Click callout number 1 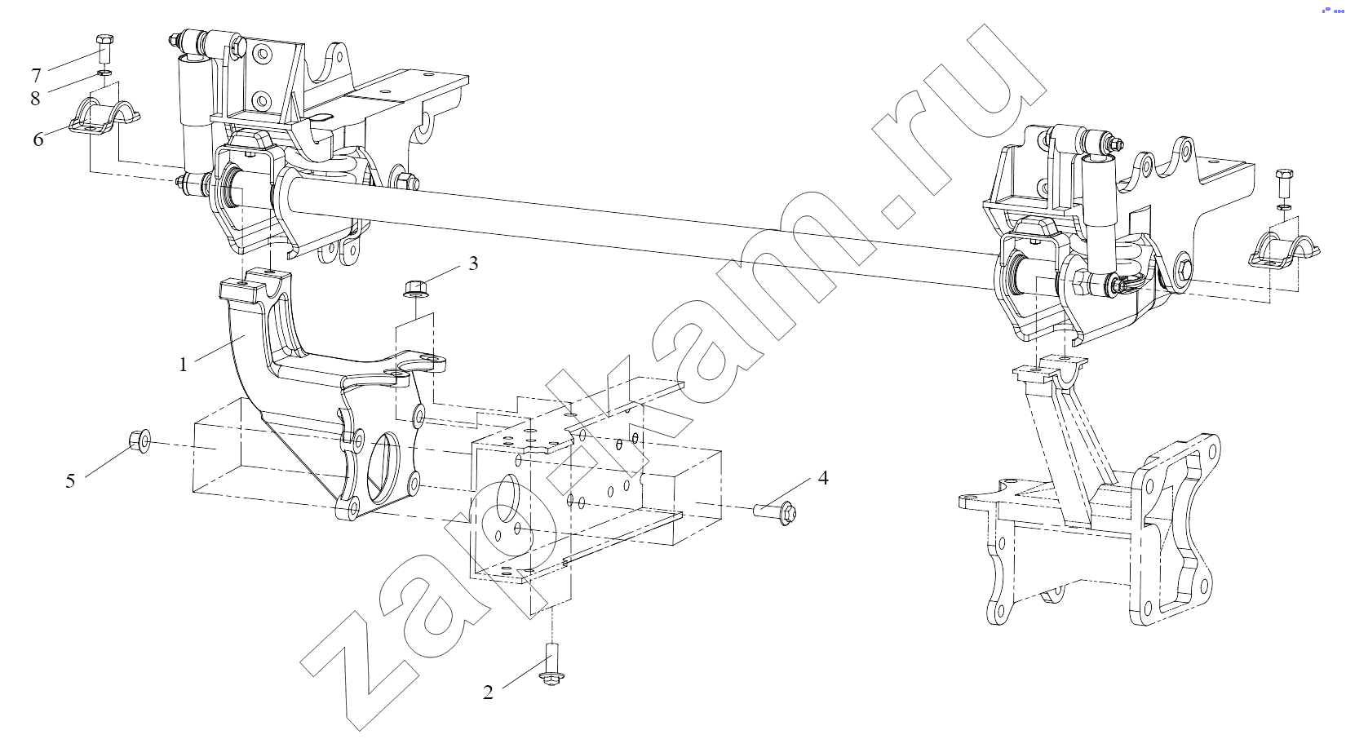pos(184,365)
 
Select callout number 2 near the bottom pos(488,693)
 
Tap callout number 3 pos(473,263)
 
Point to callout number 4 pos(823,478)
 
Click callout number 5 pos(70,480)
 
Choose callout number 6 pos(38,139)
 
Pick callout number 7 pos(36,76)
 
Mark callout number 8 pos(35,98)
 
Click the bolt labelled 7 pos(104,49)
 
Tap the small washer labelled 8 pos(104,73)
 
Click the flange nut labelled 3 pos(414,288)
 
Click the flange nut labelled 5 pos(140,441)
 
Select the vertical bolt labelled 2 pos(551,664)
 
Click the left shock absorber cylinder pos(193,114)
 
